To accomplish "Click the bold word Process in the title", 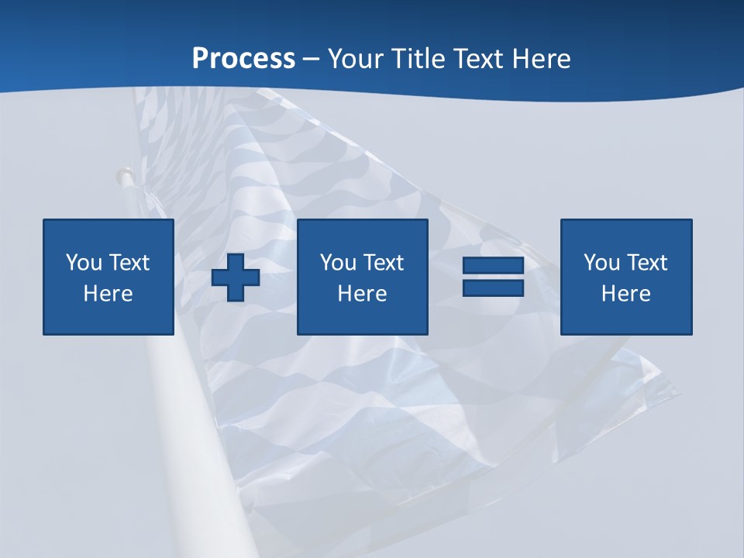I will tap(243, 59).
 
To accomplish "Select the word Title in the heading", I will tap(418, 59).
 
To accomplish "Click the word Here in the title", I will tap(543, 59).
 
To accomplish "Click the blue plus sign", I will tap(236, 277).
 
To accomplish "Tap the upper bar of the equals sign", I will tap(493, 267).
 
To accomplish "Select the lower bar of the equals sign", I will tap(493, 288).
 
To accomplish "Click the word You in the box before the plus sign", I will tap(84, 263).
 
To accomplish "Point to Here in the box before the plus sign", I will tap(108, 294).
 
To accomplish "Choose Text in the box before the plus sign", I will tap(129, 263).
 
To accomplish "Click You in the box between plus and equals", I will tap(338, 263).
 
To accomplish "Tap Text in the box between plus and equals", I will tap(383, 263).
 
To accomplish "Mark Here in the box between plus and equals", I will tap(363, 294).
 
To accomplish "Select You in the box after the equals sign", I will tap(601, 263).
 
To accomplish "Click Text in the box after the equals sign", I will tap(646, 263).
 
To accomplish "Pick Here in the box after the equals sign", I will tap(626, 294).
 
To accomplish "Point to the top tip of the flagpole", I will tap(122, 174).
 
